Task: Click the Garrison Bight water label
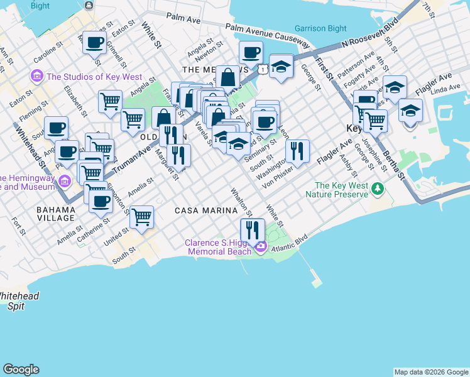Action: tap(321, 29)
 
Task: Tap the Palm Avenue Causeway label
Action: tap(268, 35)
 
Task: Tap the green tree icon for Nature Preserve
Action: tap(377, 188)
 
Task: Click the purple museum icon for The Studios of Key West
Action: tap(36, 77)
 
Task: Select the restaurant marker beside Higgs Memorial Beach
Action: tap(253, 230)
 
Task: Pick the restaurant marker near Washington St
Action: tap(297, 151)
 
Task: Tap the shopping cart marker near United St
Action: tap(141, 217)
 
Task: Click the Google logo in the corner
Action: tap(21, 369)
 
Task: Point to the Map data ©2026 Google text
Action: tap(431, 372)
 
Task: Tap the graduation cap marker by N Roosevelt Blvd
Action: tap(281, 67)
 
